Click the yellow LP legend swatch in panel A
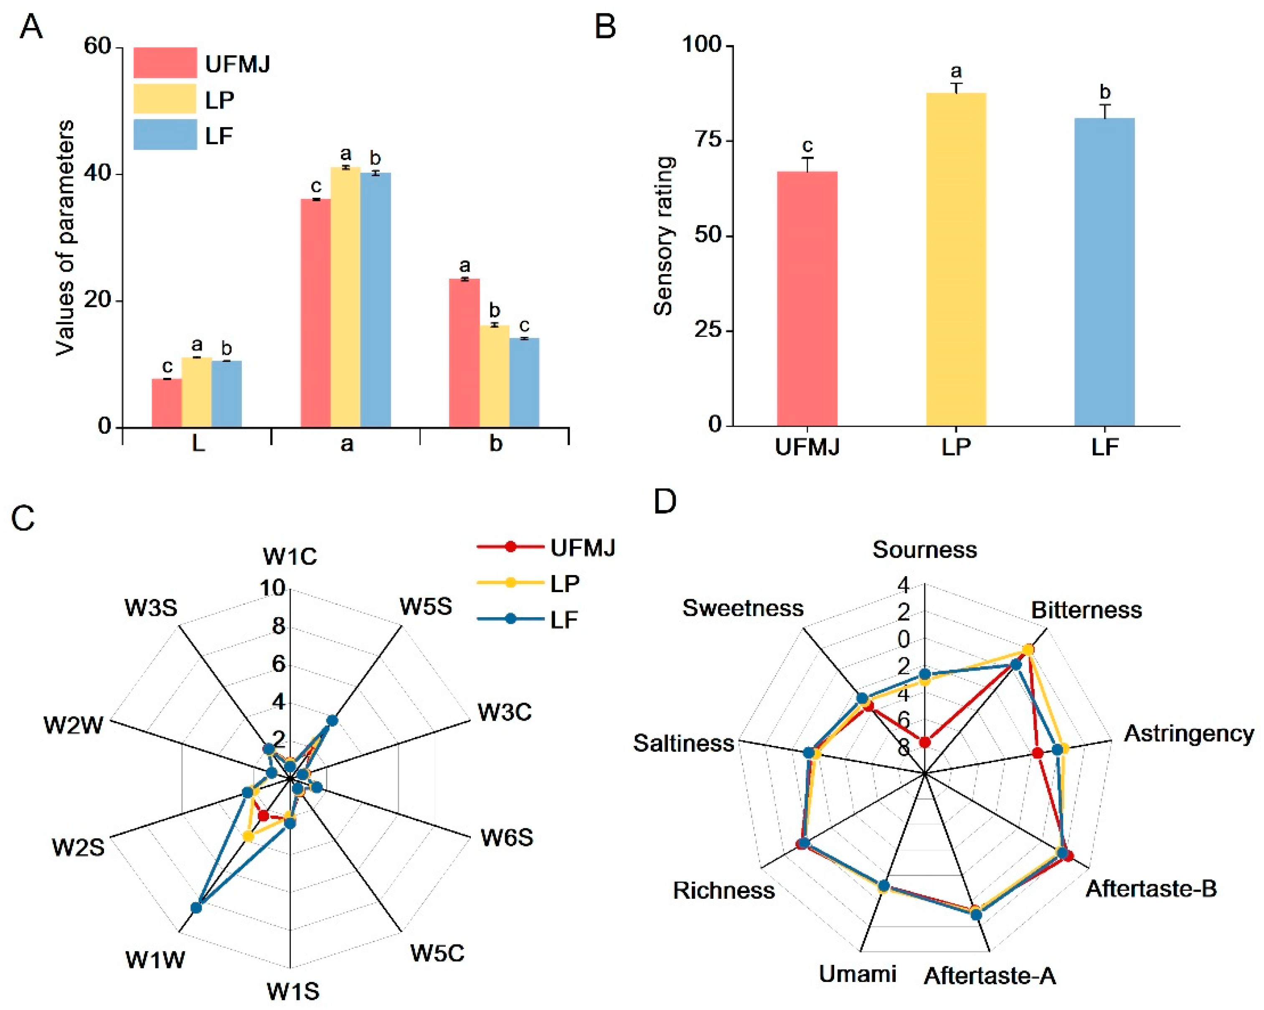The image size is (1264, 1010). pyautogui.click(x=165, y=99)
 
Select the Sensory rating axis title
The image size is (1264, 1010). pyautogui.click(x=664, y=236)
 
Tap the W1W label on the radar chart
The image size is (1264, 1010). pyautogui.click(x=155, y=960)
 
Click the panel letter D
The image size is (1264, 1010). pyautogui.click(x=665, y=502)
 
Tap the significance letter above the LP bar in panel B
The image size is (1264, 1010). pyautogui.click(x=956, y=71)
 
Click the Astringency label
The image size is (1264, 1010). pyautogui.click(x=1188, y=733)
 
